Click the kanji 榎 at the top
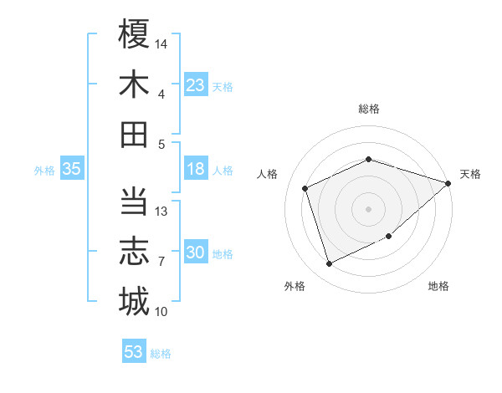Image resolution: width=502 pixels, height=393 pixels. tap(134, 35)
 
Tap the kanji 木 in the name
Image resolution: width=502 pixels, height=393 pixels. tap(134, 84)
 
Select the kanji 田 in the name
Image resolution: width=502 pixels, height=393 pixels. tap(134, 134)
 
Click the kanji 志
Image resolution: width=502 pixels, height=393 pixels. tap(134, 252)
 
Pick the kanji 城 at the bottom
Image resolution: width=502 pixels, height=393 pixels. tap(134, 301)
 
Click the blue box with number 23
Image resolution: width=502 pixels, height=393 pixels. tap(196, 85)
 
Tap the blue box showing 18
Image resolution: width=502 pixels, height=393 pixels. tap(196, 169)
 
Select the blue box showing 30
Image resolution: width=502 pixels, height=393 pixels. tap(196, 253)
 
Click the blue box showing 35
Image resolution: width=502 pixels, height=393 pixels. tap(71, 169)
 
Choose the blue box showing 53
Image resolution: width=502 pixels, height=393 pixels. tap(134, 352)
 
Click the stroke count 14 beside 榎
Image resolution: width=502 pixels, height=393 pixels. tap(162, 43)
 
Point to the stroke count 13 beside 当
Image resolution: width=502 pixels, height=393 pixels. tap(162, 212)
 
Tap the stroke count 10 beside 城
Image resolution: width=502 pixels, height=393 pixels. tap(162, 312)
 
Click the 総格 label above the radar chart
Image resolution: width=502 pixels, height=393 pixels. tap(369, 109)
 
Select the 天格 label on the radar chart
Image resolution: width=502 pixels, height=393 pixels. tap(470, 174)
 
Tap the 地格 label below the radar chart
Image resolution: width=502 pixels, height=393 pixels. tap(438, 287)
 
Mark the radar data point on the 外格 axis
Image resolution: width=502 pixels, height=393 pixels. tap(330, 264)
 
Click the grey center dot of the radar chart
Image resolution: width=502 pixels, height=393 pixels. tap(369, 209)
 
